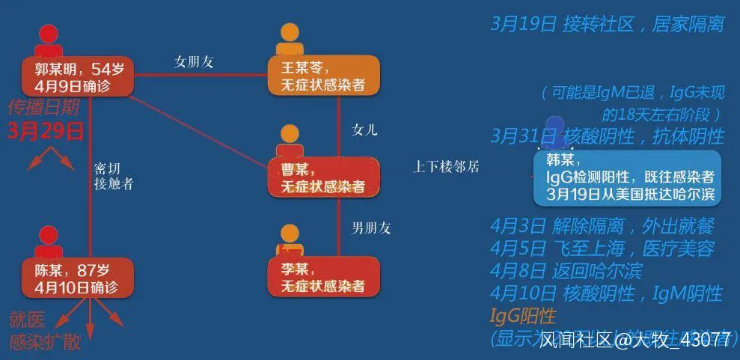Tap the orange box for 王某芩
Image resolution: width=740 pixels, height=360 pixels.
click(323, 76)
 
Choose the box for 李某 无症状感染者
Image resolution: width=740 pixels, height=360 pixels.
click(323, 277)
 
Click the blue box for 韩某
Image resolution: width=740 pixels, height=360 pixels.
click(627, 177)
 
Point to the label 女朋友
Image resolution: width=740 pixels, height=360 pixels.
click(194, 62)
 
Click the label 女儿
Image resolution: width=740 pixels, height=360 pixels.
click(364, 129)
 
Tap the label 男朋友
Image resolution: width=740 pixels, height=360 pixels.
click(371, 228)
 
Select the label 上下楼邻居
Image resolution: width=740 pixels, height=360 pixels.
click(446, 168)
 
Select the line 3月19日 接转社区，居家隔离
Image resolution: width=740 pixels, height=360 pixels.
click(607, 24)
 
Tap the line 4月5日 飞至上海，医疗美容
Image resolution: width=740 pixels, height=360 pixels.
click(602, 248)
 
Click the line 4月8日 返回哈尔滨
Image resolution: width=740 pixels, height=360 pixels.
click(566, 270)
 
